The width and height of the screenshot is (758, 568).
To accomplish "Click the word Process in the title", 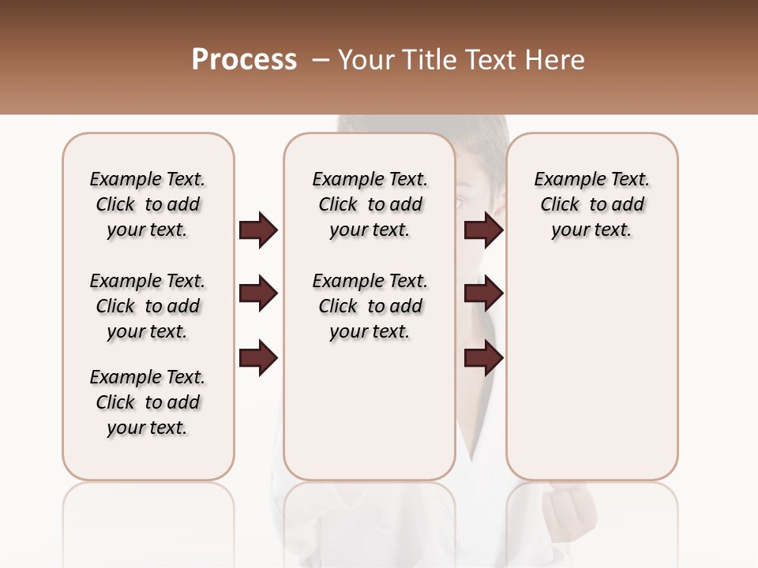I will [x=244, y=60].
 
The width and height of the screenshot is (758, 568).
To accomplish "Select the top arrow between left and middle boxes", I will [x=258, y=230].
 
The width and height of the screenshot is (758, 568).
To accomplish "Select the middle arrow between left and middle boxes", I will [x=258, y=293].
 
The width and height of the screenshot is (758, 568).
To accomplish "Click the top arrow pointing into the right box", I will [x=483, y=230].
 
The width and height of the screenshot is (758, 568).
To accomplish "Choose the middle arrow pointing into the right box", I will [x=483, y=293].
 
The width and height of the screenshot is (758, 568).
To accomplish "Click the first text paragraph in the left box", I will [x=148, y=204].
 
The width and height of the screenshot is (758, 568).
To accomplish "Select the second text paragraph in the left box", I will [x=148, y=306].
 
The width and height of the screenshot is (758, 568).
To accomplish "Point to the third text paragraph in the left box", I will [x=148, y=402].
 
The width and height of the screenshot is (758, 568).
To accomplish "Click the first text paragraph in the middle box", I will [x=370, y=204].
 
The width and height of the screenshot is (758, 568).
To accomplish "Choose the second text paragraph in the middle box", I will [x=370, y=306].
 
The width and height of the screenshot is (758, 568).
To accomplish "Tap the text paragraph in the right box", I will [x=591, y=204].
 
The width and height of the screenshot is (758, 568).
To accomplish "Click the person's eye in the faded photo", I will [x=461, y=203].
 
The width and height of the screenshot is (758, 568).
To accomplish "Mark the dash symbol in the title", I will [x=321, y=60].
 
